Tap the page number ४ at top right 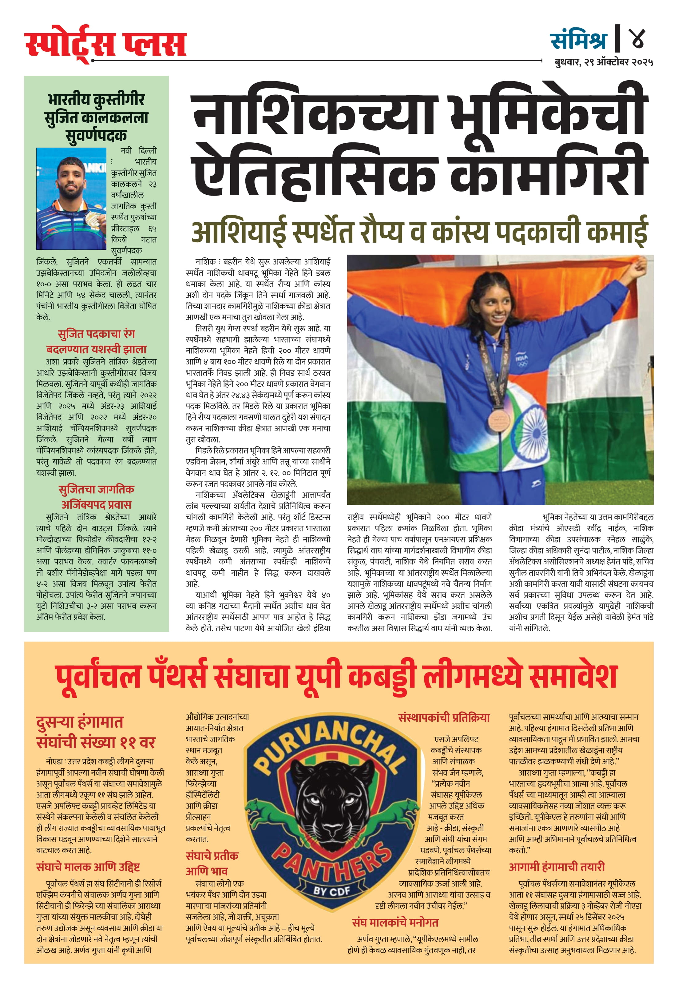click(636, 38)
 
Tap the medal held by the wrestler click(93, 219)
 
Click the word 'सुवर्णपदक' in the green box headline click(97, 136)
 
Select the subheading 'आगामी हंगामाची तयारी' click(557, 867)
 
